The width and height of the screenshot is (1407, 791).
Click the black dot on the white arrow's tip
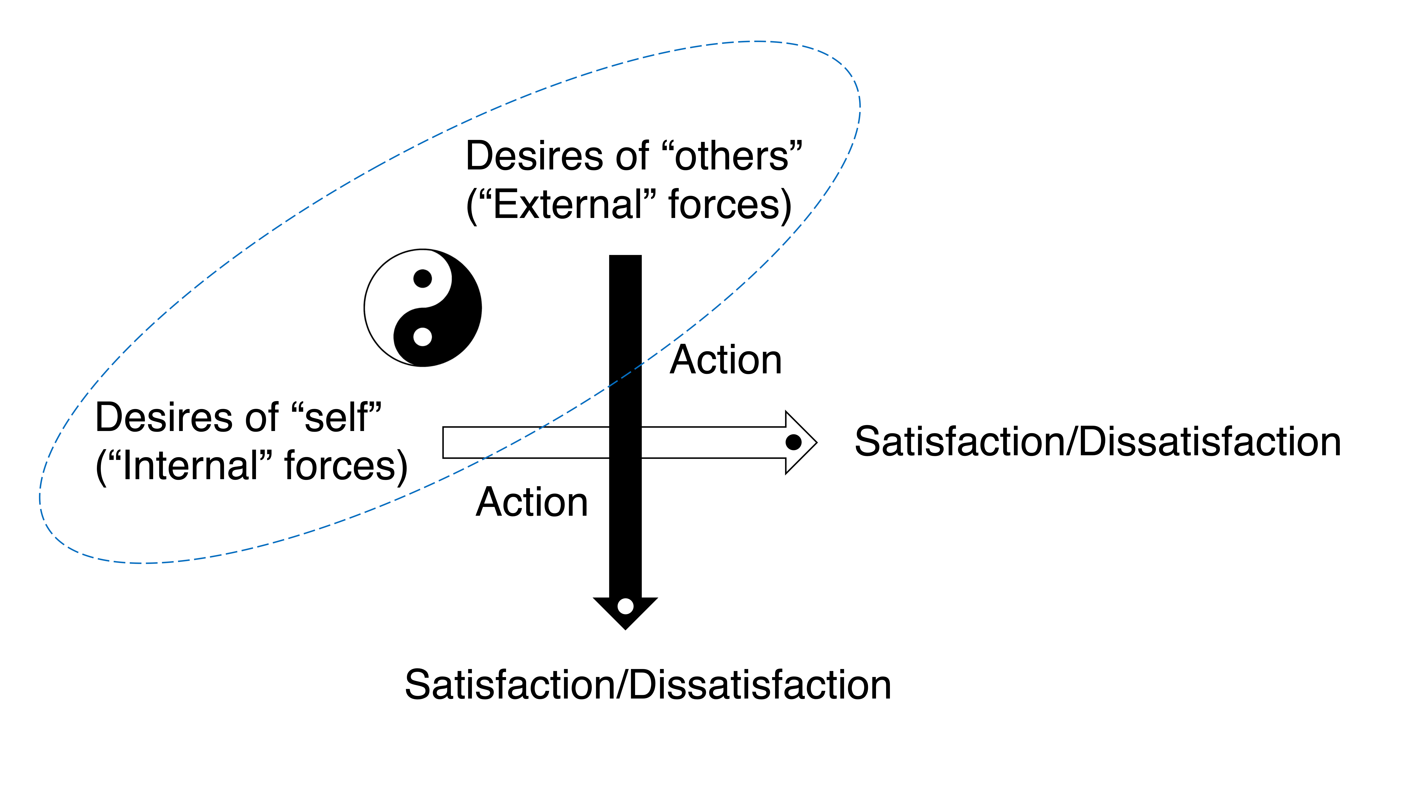point(793,442)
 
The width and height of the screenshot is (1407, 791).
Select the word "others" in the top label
point(732,157)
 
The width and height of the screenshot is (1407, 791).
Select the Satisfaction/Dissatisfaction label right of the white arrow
point(1098,442)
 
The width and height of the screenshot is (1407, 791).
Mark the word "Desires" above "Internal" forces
point(164,418)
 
